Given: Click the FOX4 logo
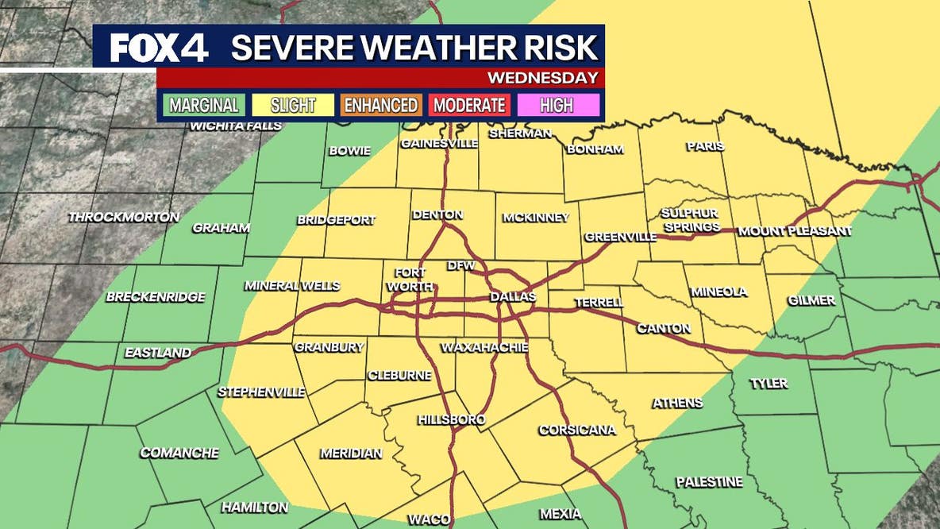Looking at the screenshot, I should point(159,48).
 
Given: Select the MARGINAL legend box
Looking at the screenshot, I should point(204,105).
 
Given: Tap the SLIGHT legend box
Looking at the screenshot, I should point(293,105).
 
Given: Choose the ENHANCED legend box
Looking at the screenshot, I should point(381,105).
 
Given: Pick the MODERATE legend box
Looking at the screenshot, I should point(469,105).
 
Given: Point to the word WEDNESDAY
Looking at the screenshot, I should point(542,78).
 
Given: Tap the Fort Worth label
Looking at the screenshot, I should point(410,280).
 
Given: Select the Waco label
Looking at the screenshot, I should point(430,519).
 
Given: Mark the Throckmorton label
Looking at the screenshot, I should point(124,217).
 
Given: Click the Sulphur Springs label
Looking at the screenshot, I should point(690,220).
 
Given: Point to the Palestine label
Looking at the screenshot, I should point(709,482).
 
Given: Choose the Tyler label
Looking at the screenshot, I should point(769,384).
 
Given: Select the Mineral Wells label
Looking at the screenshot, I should point(292,286).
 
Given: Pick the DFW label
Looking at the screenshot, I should point(460,265).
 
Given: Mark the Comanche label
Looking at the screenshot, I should point(179,453).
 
